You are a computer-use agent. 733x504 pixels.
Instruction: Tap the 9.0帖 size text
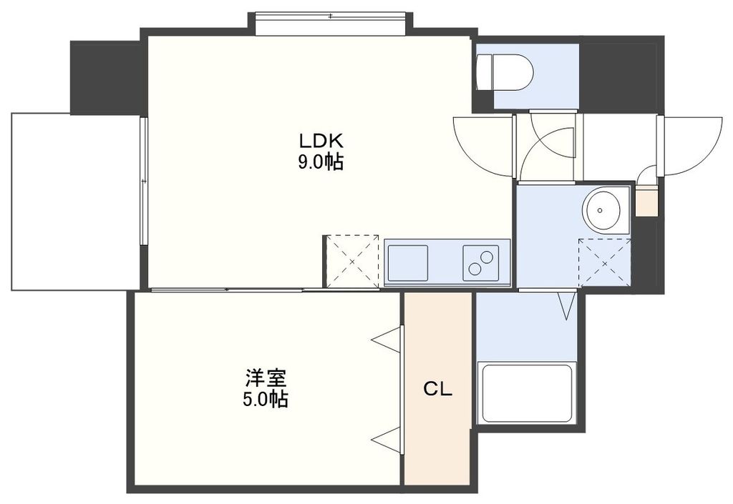[x=320, y=162]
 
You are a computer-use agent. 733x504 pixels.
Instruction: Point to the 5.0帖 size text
[x=263, y=400]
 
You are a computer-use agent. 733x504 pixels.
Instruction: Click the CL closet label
[x=437, y=389]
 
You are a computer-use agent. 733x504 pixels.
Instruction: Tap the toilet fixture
[x=505, y=72]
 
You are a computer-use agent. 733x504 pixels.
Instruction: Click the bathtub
[x=528, y=393]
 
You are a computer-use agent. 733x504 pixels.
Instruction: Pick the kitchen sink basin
[x=407, y=263]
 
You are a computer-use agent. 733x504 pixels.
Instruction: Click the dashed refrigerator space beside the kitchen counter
[x=351, y=262]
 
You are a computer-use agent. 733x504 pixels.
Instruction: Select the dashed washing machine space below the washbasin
[x=604, y=262]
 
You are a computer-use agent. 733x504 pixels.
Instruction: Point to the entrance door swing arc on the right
[x=691, y=147]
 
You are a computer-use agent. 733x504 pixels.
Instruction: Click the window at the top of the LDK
[x=330, y=23]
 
